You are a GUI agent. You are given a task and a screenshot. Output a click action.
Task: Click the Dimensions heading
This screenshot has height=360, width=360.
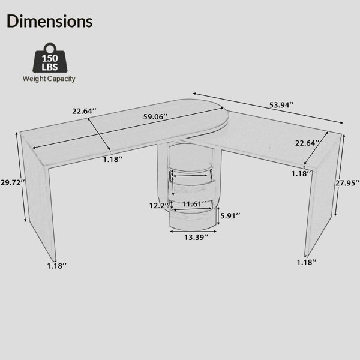click(50, 21)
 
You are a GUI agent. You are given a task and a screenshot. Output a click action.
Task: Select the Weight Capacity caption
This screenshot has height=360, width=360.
click(49, 78)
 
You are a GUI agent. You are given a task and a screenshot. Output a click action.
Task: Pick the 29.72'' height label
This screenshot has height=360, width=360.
click(12, 182)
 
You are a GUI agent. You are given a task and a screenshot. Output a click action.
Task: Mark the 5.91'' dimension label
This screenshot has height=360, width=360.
click(230, 215)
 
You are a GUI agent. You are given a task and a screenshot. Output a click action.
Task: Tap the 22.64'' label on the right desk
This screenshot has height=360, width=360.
click(308, 143)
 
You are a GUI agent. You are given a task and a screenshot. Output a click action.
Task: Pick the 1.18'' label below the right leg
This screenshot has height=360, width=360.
click(306, 262)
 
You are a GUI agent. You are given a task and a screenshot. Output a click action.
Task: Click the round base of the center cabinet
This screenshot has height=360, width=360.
click(191, 224)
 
